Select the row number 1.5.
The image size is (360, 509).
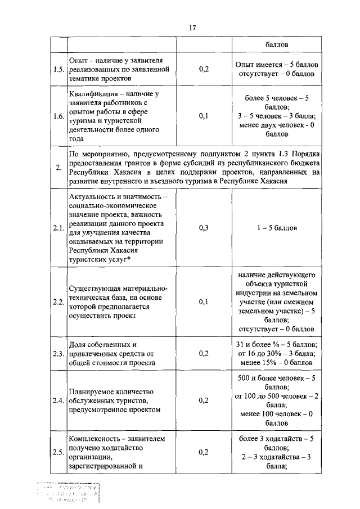58,70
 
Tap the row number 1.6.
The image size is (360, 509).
58,116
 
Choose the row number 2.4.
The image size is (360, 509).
58,400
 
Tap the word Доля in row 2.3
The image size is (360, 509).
78,344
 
